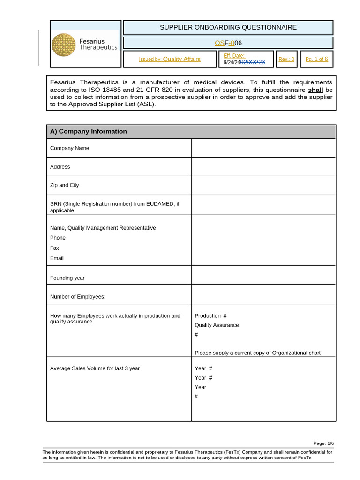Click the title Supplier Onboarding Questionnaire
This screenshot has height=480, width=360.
pos(228,27)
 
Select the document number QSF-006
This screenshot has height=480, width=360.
pos(228,43)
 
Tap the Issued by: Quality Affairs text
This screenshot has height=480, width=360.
pos(170,59)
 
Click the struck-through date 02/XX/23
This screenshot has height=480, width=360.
pos(253,62)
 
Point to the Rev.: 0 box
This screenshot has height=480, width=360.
pos(286,59)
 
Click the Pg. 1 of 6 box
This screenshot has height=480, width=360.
pos(316,59)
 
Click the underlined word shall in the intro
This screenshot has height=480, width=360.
pos(315,90)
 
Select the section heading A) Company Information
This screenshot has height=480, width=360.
pos(89,131)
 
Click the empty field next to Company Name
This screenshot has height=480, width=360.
pos(263,148)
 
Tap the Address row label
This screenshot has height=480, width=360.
pos(60,166)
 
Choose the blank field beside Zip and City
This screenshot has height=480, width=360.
pos(263,185)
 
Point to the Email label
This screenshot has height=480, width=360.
pos(57,258)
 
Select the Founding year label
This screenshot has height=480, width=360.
pos(67,277)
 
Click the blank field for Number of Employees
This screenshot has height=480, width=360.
pos(263,294)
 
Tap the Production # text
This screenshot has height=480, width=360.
pos(210,315)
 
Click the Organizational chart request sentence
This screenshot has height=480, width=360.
pos(257,352)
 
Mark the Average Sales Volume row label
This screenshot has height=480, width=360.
pos(95,368)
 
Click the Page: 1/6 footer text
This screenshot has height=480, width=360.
pos(323,443)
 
